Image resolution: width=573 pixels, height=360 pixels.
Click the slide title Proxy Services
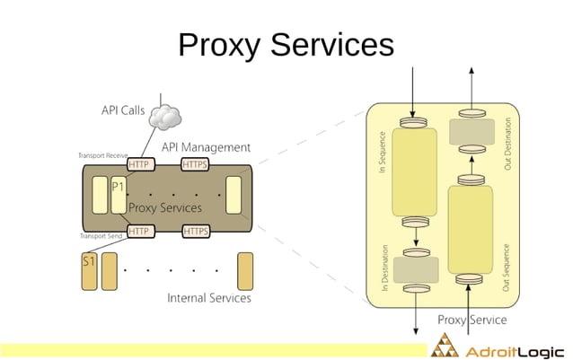point(286,45)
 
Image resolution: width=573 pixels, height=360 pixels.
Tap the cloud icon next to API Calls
point(165,114)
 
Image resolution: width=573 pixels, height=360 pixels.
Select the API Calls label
point(123,110)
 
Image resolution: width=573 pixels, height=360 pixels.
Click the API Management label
point(206,146)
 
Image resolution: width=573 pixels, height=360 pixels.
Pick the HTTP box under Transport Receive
point(139,164)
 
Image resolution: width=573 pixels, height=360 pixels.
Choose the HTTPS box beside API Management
point(195,164)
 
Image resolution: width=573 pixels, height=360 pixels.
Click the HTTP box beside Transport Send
point(139,231)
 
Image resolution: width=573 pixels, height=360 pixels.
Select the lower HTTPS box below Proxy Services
point(195,231)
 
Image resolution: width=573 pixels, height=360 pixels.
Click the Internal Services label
point(209,298)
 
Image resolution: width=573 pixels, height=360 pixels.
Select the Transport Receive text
point(103,155)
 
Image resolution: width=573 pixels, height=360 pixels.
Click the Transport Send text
point(100,235)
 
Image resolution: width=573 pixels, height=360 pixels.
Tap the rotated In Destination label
point(383,267)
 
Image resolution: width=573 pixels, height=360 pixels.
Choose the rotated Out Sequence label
point(507,266)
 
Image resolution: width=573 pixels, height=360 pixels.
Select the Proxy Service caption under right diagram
point(472,320)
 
